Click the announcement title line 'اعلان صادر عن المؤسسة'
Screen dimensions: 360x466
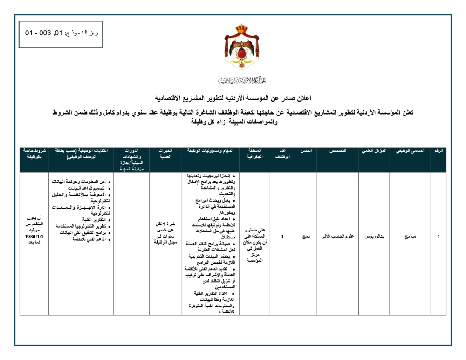(233, 98)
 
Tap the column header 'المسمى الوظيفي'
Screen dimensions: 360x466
(410, 152)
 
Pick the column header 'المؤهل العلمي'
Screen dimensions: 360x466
(374, 152)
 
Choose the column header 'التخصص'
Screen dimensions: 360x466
(337, 152)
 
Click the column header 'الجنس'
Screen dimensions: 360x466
(306, 152)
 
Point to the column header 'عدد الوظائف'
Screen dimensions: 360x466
(282, 155)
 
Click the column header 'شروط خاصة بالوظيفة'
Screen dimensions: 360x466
(34, 155)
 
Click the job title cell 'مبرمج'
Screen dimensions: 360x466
(410, 237)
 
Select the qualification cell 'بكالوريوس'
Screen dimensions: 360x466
(374, 237)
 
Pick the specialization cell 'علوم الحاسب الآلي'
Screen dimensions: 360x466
(337, 237)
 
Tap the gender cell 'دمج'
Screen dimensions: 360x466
(306, 237)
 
